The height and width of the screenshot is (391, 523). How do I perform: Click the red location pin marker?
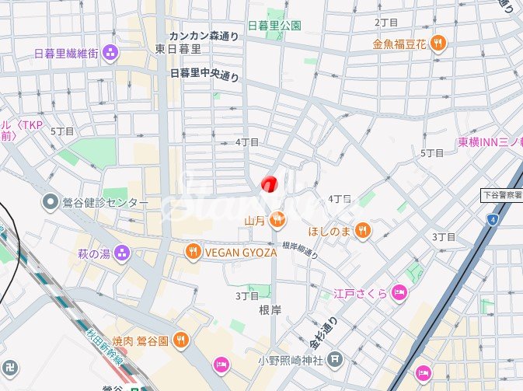click(269, 184)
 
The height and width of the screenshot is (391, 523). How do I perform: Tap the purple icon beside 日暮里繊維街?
click(111, 53)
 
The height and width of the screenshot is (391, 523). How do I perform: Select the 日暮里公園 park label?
click(274, 25)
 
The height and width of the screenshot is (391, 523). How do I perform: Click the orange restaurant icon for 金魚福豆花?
click(438, 44)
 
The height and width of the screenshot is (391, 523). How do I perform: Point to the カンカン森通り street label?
click(204, 36)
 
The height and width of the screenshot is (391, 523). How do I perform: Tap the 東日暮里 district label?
click(178, 48)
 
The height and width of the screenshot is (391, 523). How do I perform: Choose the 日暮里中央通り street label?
click(204, 74)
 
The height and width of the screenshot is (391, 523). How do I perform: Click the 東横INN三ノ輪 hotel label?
click(490, 142)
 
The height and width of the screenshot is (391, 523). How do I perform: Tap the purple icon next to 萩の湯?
click(121, 253)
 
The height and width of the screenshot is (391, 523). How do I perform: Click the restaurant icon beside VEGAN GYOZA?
click(193, 251)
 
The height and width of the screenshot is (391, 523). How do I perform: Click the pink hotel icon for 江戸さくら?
click(399, 293)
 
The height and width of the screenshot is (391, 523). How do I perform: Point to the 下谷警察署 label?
click(502, 194)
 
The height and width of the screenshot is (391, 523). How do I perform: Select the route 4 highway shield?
click(492, 220)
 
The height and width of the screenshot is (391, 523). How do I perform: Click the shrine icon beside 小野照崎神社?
click(334, 359)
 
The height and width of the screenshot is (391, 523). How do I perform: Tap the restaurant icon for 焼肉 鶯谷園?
click(180, 339)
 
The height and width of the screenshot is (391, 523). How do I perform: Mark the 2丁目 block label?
click(385, 23)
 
